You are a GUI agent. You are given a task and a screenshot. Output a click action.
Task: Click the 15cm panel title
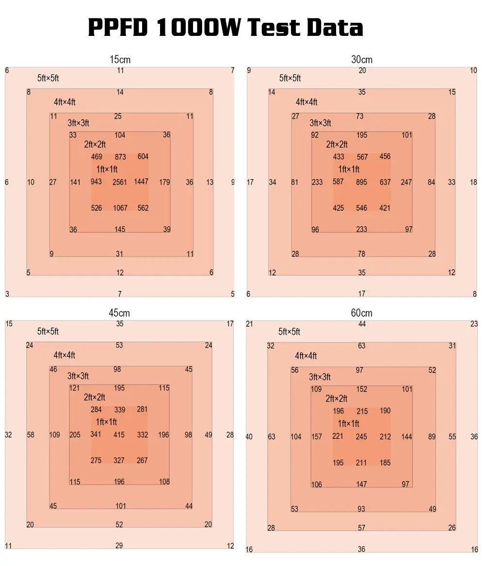pyautogui.click(x=120, y=60)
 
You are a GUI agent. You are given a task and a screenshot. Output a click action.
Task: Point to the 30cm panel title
pyautogui.click(x=362, y=60)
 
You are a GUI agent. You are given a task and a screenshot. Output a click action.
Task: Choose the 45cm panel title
pyautogui.click(x=119, y=313)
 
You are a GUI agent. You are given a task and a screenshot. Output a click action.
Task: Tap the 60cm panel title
pyautogui.click(x=362, y=313)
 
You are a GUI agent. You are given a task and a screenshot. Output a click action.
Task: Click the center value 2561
pyautogui.click(x=120, y=182)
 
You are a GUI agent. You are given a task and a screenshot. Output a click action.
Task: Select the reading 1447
pyautogui.click(x=141, y=182)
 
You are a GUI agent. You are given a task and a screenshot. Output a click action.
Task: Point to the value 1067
pyautogui.click(x=120, y=208)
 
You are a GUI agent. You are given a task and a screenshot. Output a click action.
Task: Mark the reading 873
pyautogui.click(x=120, y=157)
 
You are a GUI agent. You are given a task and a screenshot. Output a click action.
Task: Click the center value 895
pyautogui.click(x=362, y=182)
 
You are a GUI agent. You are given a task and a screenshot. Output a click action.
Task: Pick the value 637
pyautogui.click(x=385, y=182)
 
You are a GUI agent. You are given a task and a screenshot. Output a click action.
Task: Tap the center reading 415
pyautogui.click(x=119, y=435)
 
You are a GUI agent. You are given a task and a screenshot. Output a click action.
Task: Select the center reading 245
pyautogui.click(x=361, y=437)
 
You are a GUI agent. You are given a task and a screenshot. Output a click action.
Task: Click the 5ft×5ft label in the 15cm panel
pyautogui.click(x=48, y=79)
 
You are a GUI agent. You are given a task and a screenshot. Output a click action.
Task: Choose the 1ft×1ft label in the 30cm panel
pyautogui.click(x=349, y=169)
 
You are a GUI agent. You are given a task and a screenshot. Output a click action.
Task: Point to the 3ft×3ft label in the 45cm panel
pyautogui.click(x=78, y=376)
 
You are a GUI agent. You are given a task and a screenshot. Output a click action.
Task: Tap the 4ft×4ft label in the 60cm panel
pyautogui.click(x=306, y=356)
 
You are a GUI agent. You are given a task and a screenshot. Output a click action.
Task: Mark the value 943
pyautogui.click(x=96, y=182)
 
